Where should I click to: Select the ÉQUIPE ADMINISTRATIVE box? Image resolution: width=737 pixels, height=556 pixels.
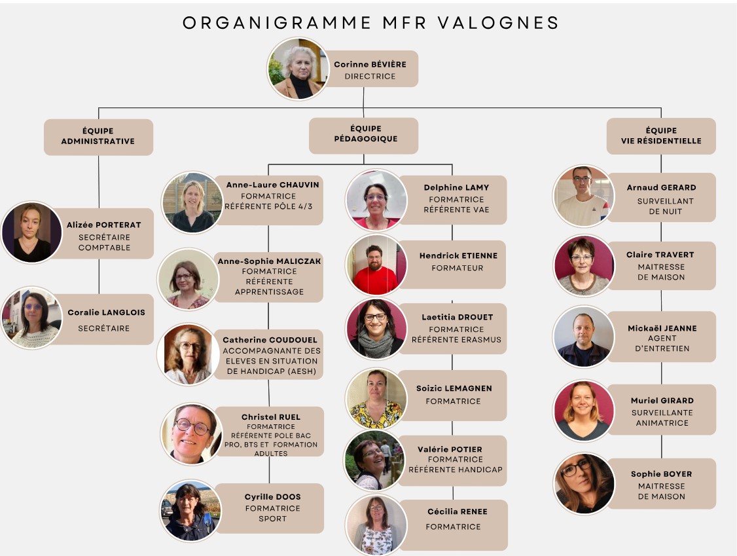click(x=98, y=137)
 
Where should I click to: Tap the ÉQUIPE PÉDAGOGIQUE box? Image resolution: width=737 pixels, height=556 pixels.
click(x=363, y=136)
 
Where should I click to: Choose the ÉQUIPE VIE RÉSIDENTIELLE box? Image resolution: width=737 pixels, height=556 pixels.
click(x=661, y=136)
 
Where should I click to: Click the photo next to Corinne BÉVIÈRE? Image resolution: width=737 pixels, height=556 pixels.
click(x=298, y=69)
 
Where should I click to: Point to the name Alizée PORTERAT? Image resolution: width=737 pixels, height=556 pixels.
click(x=104, y=225)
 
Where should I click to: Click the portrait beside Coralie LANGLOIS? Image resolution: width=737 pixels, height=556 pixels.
click(x=32, y=318)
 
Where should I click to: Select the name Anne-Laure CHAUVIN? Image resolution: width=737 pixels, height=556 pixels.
click(x=273, y=185)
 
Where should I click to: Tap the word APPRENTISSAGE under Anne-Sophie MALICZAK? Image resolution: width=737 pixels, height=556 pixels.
click(x=269, y=291)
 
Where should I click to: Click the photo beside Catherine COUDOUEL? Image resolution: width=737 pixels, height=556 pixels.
click(x=189, y=354)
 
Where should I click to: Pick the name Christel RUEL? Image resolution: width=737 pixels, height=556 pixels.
click(x=271, y=417)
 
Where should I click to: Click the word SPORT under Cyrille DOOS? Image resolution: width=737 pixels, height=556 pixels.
click(x=273, y=519)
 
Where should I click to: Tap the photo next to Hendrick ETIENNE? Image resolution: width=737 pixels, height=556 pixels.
click(x=376, y=265)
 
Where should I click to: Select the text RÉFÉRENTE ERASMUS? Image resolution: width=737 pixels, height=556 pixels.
click(x=456, y=340)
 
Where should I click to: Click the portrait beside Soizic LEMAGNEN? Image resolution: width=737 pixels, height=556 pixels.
click(x=376, y=399)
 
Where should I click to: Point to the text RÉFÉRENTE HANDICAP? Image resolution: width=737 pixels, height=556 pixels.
click(x=456, y=470)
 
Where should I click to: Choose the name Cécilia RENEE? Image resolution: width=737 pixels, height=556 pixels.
click(x=458, y=511)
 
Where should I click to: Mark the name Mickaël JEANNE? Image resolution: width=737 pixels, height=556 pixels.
click(x=662, y=328)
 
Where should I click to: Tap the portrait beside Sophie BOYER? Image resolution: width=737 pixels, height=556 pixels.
click(x=584, y=483)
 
